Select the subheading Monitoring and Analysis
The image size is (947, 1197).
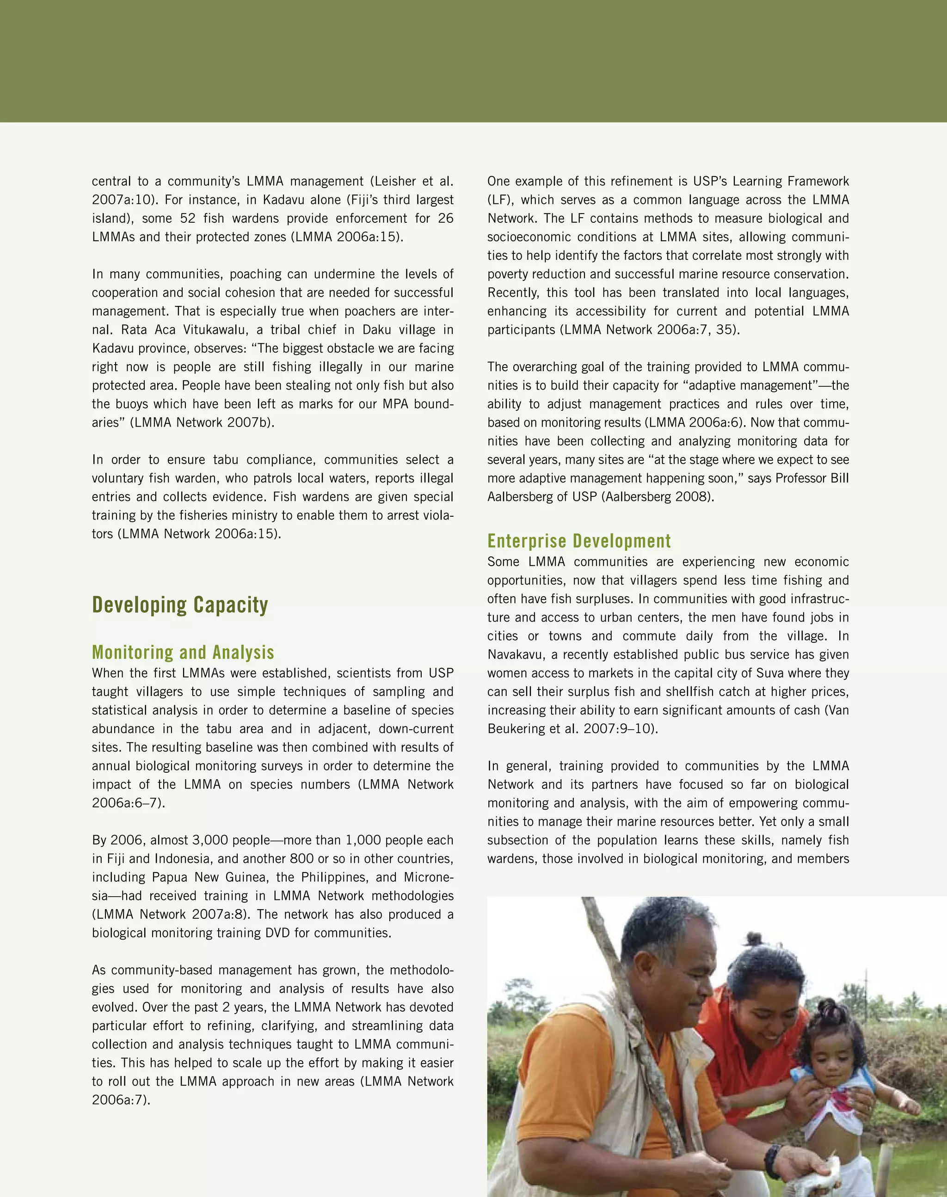pyautogui.click(x=183, y=652)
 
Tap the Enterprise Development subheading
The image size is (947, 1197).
pyautogui.click(x=579, y=540)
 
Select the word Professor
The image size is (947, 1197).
pyautogui.click(x=796, y=478)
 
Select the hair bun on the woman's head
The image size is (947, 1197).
pyautogui.click(x=754, y=939)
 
